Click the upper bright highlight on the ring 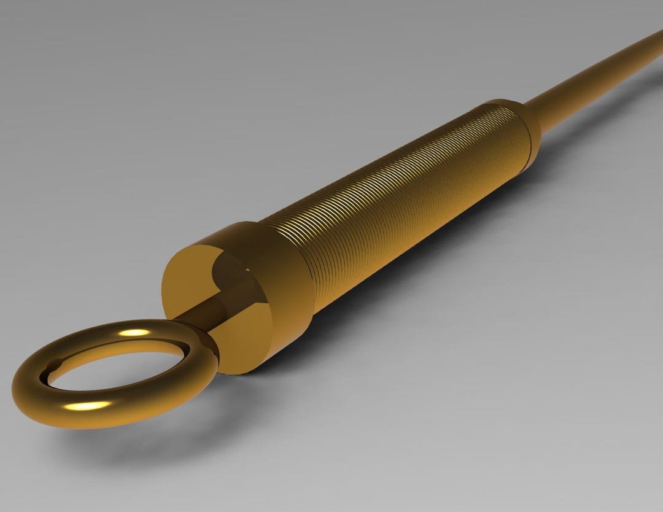134,333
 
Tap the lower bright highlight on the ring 90,405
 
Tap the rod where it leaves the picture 657,37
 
